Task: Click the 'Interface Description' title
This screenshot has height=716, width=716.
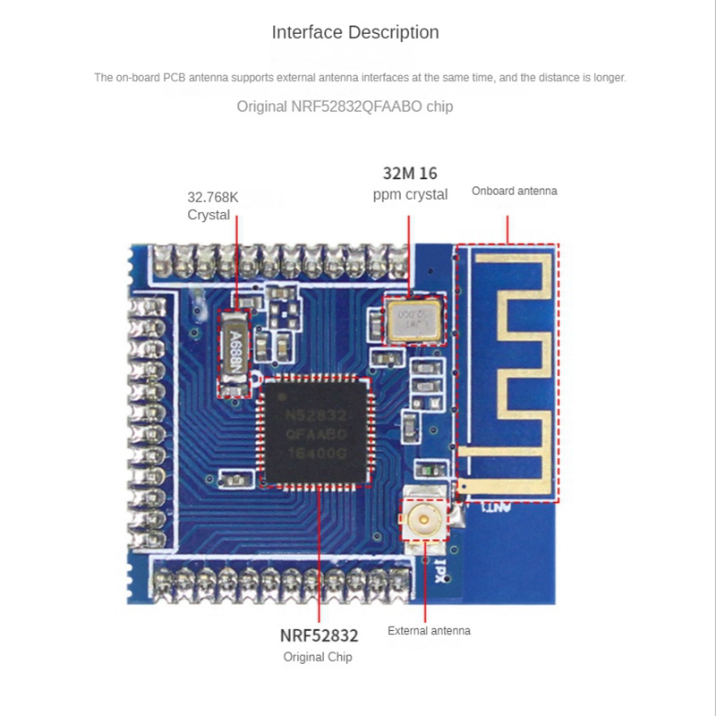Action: (355, 33)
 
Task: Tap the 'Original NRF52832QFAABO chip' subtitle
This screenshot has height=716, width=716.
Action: (345, 107)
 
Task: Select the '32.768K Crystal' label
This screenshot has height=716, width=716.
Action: (213, 206)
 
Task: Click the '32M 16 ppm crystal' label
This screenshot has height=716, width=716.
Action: (410, 183)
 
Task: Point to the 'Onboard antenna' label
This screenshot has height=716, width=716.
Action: (515, 191)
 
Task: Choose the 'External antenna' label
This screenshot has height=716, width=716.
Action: (429, 631)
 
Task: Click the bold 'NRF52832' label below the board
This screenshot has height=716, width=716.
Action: (320, 636)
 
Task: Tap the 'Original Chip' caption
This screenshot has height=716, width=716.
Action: (318, 657)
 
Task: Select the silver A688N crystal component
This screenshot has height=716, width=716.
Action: (234, 352)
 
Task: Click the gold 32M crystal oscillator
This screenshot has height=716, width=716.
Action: (413, 320)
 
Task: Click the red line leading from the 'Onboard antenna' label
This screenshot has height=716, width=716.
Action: (507, 228)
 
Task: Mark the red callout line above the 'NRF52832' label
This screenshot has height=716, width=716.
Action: (319, 555)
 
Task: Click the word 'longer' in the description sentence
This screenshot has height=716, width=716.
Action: (609, 78)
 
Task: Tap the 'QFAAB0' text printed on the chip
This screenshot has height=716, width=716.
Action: (315, 434)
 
